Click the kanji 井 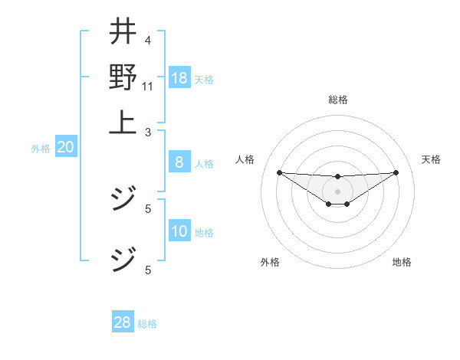123,31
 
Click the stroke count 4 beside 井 148,41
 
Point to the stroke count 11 148,85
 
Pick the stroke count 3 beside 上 148,132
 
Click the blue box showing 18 179,78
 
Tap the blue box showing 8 179,162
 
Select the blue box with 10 179,231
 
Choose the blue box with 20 65,148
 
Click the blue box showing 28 123,322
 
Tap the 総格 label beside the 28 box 148,324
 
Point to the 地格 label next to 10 205,233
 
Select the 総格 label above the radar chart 337,100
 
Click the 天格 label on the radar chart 431,159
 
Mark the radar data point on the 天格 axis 396,172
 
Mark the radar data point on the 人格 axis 279,172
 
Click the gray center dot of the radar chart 337,191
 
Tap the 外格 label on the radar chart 270,262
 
